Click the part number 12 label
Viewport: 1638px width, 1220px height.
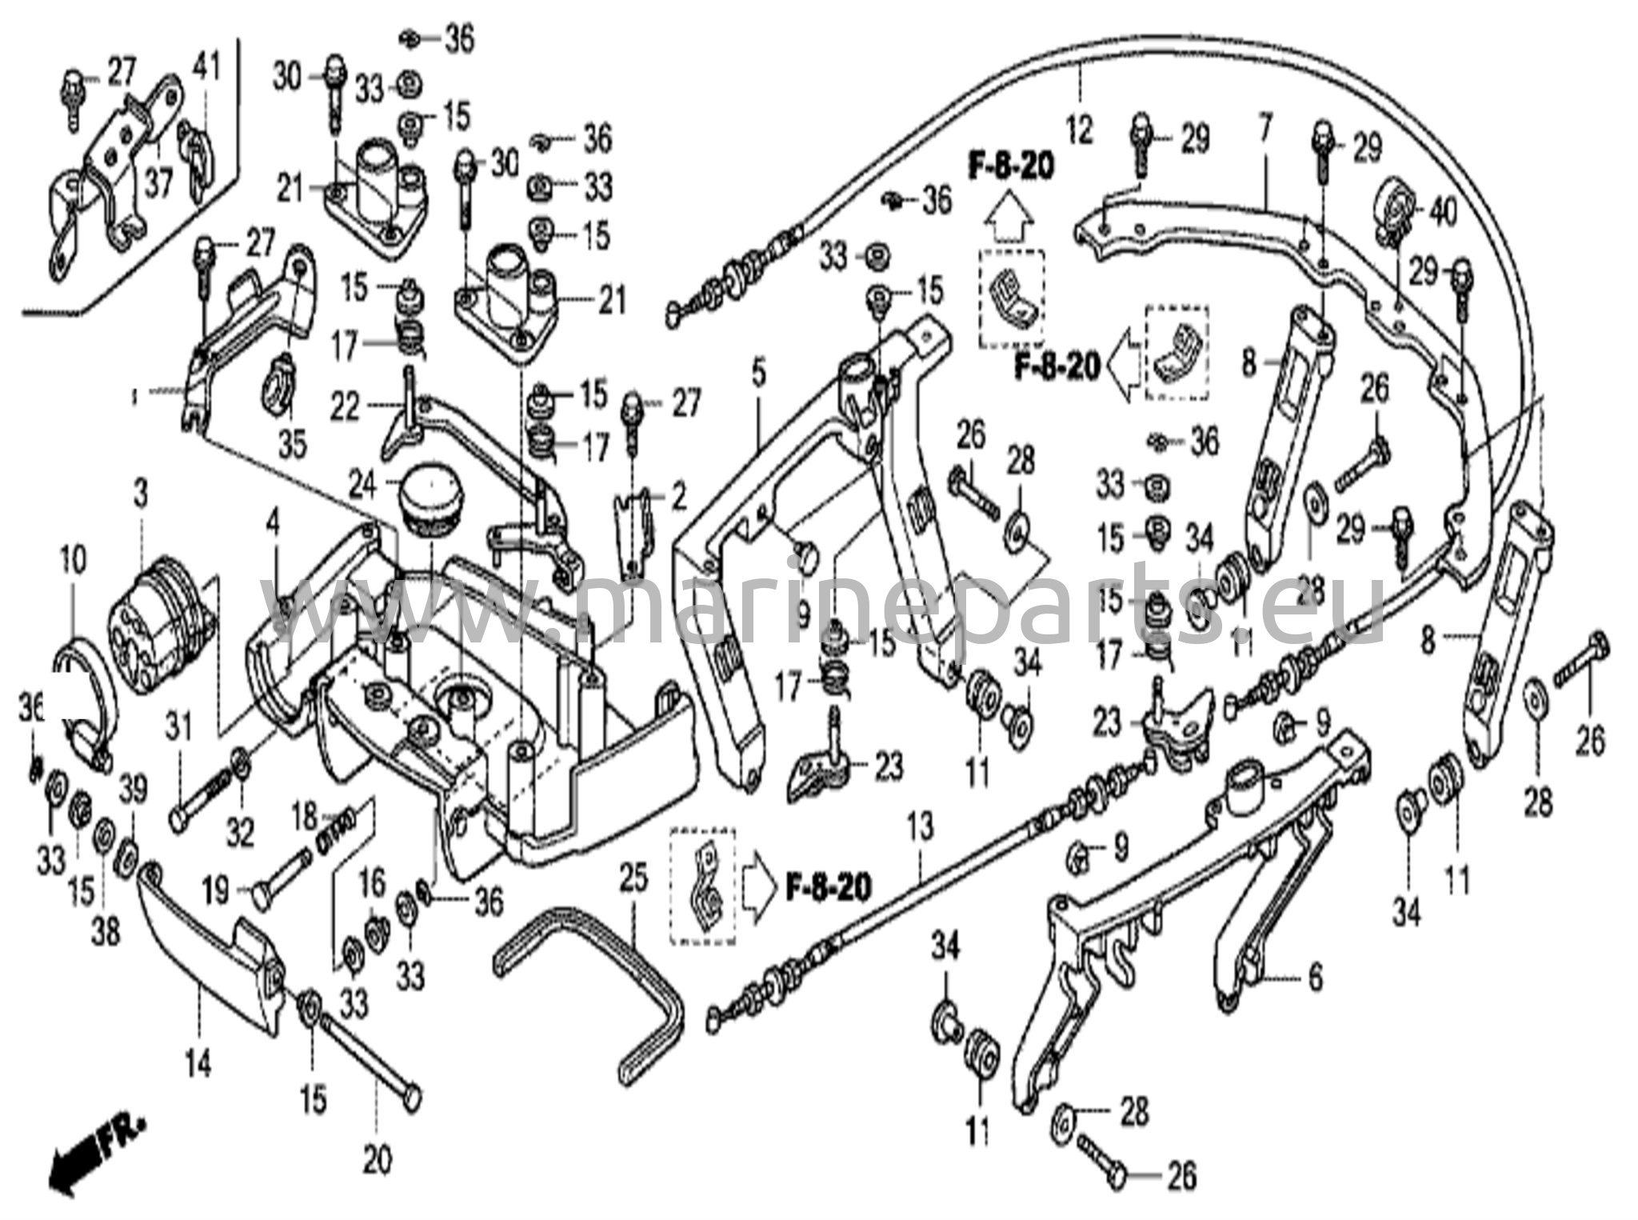(x=1078, y=129)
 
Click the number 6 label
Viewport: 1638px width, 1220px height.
(x=1314, y=978)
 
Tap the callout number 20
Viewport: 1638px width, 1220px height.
(x=377, y=1162)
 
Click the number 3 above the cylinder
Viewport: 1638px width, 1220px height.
(x=140, y=494)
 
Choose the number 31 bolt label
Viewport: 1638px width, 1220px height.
(x=178, y=729)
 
